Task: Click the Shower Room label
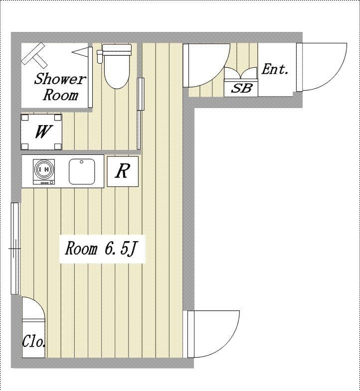[x=60, y=87]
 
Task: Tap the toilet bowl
[x=117, y=72]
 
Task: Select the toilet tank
[x=117, y=50]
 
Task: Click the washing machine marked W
[x=41, y=132]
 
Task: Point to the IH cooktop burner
[x=44, y=169]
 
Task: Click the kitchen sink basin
[x=82, y=171]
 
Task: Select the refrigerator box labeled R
[x=123, y=171]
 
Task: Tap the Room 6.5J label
[x=102, y=249]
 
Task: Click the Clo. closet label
[x=34, y=341]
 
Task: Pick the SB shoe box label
[x=241, y=88]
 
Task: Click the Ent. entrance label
[x=275, y=69]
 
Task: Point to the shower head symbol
[x=34, y=56]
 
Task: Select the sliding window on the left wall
[x=15, y=249]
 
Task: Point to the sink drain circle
[x=81, y=162]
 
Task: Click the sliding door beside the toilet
[x=140, y=114]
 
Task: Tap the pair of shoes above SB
[x=241, y=73]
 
